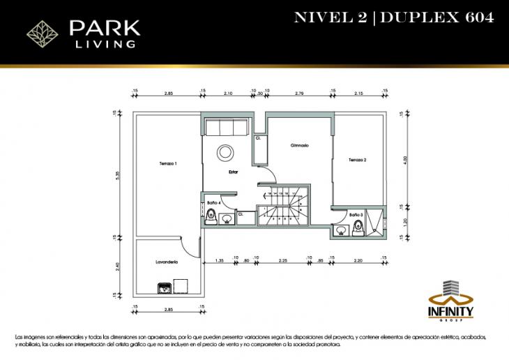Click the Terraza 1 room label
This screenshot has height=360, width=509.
point(168,163)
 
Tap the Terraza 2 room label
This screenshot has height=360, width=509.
point(358,160)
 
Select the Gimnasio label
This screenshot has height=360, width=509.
point(300,146)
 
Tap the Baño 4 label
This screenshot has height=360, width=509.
point(214,202)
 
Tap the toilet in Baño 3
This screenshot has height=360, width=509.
point(357,225)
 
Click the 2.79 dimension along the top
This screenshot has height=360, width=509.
point(298,92)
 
